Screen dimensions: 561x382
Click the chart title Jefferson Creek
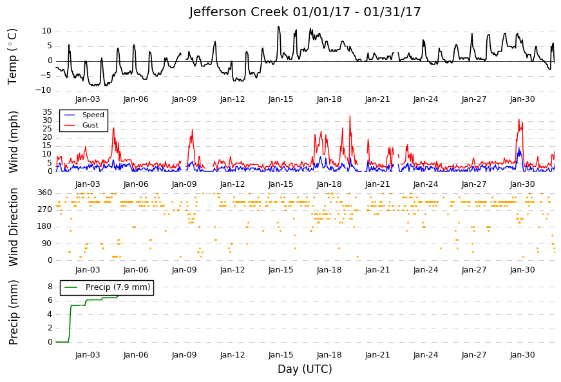(x=238, y=12)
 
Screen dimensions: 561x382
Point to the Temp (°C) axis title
(x=12, y=57)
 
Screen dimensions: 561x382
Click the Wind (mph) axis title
(x=14, y=142)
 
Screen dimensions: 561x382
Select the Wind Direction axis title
(x=14, y=227)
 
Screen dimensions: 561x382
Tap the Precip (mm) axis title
(x=14, y=312)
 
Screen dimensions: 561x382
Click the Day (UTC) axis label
(x=305, y=369)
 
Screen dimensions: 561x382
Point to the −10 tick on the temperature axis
(x=43, y=90)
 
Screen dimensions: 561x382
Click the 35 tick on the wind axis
(x=47, y=112)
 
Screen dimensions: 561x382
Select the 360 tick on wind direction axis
(x=44, y=193)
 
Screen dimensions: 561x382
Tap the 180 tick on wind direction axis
(x=44, y=226)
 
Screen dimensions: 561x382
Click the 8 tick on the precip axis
(x=50, y=287)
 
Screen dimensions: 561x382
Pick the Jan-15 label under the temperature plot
(x=281, y=99)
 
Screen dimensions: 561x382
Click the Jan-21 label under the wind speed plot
(x=377, y=184)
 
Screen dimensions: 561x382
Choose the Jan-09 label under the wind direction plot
(x=184, y=270)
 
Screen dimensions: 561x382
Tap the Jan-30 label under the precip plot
(x=522, y=355)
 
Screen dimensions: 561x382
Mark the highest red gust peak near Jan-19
(x=350, y=116)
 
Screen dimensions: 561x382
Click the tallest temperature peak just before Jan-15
(x=278, y=26)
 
